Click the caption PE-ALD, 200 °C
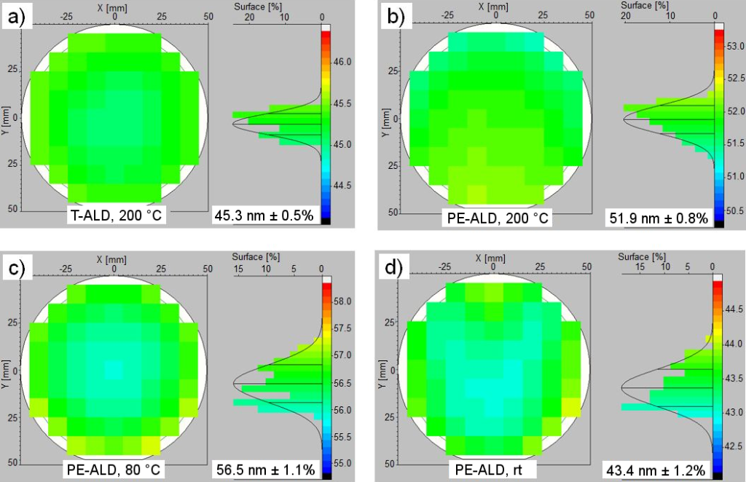pyautogui.click(x=495, y=216)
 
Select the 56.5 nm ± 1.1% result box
pyautogui.click(x=265, y=470)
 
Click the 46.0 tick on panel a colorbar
pyautogui.click(x=342, y=63)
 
